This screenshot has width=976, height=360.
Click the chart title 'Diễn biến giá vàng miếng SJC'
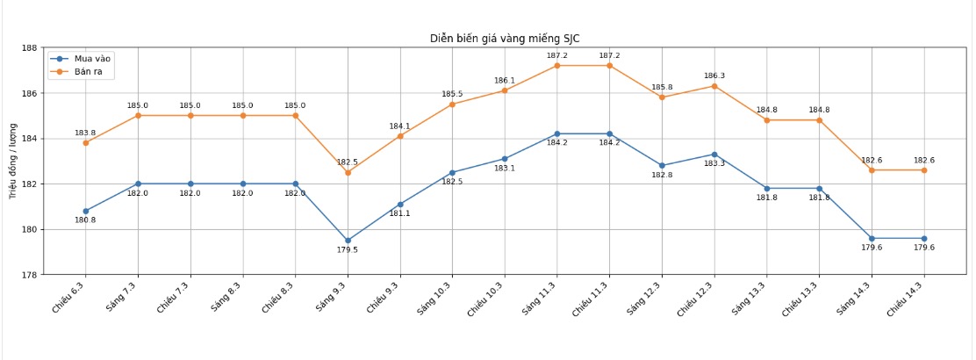[504, 39]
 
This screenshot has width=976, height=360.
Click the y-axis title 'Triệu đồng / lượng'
[13, 161]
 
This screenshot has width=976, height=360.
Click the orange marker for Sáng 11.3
[557, 66]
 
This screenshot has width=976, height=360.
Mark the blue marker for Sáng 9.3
[348, 241]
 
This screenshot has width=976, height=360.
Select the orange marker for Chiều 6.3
[86, 143]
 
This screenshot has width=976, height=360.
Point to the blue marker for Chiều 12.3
[714, 155]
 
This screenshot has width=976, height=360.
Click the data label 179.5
[348, 250]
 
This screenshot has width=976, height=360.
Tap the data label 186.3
[714, 76]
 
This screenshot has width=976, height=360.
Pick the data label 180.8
[86, 220]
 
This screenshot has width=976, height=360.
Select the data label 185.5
[452, 94]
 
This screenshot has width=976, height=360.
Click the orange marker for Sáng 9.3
[348, 172]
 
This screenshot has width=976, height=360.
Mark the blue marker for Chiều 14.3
[924, 238]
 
